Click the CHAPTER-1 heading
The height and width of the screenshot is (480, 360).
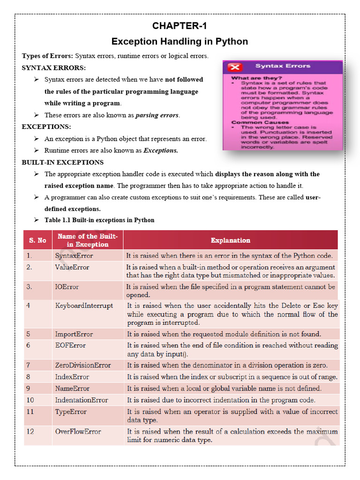(x=180, y=26)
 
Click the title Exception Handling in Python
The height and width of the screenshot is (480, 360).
(x=180, y=41)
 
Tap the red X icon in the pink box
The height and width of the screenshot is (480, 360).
(x=234, y=67)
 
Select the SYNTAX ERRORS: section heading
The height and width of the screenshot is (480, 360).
(x=54, y=67)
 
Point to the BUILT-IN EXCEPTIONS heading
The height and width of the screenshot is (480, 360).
(x=63, y=162)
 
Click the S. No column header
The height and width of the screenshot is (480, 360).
(x=37, y=240)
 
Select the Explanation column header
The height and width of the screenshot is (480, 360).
(x=230, y=240)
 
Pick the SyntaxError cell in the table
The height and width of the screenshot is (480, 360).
(x=74, y=256)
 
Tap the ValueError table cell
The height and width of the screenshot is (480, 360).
(x=72, y=267)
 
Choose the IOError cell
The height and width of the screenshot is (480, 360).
(x=67, y=287)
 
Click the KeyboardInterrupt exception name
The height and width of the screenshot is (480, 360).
(x=84, y=306)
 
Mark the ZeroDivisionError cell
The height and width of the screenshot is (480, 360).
(x=83, y=365)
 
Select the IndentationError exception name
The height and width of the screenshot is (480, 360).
(x=82, y=400)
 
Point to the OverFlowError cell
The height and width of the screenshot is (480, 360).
(x=78, y=431)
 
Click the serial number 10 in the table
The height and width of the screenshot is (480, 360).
(x=30, y=400)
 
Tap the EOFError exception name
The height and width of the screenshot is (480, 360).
(x=70, y=345)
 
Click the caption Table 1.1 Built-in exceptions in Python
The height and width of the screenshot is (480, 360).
(x=99, y=220)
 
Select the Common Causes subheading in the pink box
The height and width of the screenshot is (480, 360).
(x=254, y=122)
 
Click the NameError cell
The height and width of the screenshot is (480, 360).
(x=72, y=388)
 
